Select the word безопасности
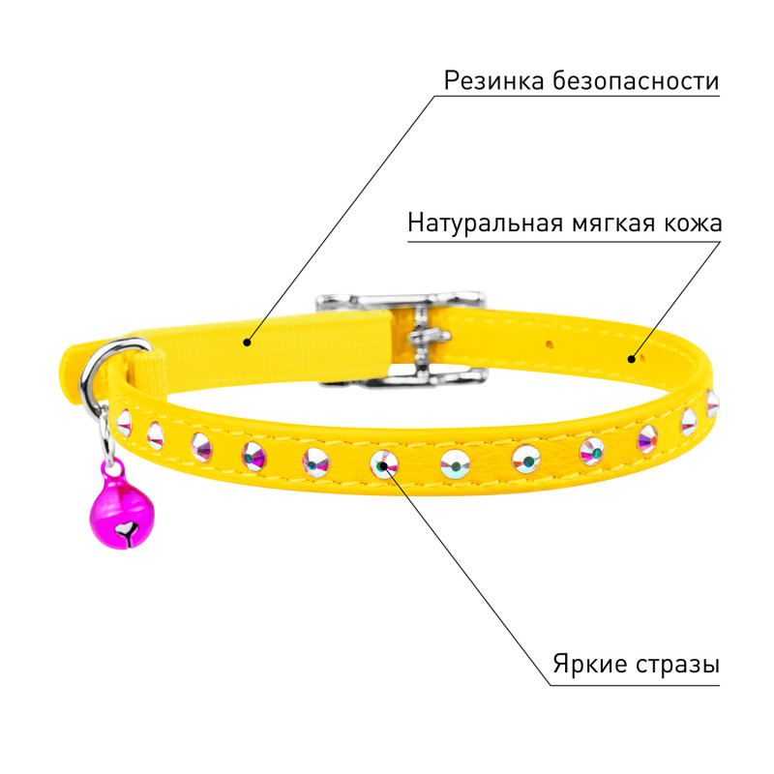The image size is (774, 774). point(636,81)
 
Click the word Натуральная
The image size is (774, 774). point(486,224)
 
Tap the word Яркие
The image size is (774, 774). point(589,665)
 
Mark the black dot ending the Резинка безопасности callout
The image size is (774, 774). point(247,342)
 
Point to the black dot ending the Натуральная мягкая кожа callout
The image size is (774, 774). point(632,359)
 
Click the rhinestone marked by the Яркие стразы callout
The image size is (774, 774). point(384,464)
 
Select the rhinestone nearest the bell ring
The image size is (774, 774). point(124,423)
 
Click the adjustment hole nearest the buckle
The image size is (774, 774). point(550,342)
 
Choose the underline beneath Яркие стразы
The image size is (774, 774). point(635,685)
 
